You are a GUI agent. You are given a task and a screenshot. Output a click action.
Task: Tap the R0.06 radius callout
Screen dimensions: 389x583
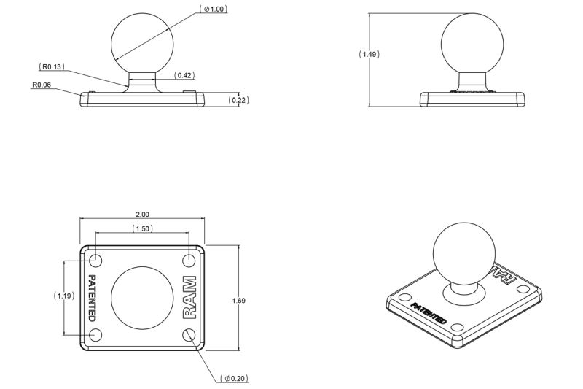coord(41,85)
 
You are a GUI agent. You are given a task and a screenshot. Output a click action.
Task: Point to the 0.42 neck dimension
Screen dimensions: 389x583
coord(184,75)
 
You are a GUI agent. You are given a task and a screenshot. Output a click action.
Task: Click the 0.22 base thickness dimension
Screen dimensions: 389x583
coord(238,100)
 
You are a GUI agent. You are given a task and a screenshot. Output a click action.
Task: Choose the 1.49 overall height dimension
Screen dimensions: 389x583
coord(369,54)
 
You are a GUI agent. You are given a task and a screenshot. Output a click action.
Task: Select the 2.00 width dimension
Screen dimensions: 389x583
coord(142,215)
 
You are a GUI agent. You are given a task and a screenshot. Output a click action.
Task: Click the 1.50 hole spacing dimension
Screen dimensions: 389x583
coord(142,229)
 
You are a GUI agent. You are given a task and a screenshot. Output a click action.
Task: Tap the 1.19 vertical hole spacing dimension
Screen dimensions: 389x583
coord(65,296)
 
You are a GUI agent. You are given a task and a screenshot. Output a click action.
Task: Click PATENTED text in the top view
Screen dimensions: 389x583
coord(92,298)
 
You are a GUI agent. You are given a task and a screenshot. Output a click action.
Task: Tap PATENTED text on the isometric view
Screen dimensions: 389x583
coord(429,314)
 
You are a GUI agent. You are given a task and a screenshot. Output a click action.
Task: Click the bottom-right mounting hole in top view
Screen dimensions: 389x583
coord(189,334)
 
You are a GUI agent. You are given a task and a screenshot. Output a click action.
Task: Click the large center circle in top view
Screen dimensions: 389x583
coord(142,298)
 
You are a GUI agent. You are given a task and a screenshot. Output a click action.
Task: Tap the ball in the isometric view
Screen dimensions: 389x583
coord(464,253)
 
